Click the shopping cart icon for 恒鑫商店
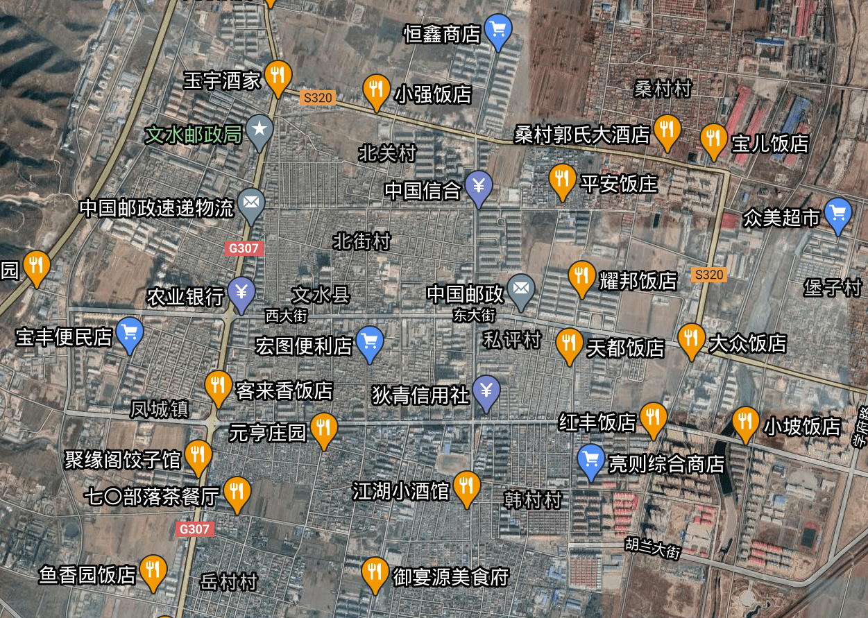[x=497, y=30]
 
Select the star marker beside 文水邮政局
[x=259, y=130]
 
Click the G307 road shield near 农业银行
[x=244, y=248]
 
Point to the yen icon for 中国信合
[x=479, y=187]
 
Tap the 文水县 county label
[x=321, y=295]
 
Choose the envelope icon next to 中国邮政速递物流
[x=250, y=203]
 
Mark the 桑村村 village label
[x=663, y=89]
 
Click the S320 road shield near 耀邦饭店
[x=708, y=275]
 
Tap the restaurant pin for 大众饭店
[x=691, y=339]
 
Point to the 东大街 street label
[x=475, y=316]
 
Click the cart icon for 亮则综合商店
[x=591, y=460]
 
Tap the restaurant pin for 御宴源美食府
[x=375, y=572]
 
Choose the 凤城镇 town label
[x=160, y=409]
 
